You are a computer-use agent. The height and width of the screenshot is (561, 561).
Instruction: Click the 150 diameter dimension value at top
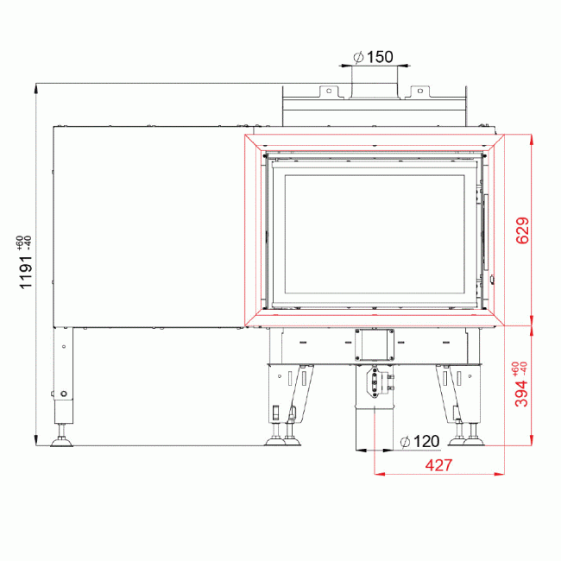(x=380, y=57)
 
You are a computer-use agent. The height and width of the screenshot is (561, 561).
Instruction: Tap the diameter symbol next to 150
(x=358, y=57)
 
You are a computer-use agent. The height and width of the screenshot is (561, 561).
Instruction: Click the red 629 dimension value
(x=520, y=230)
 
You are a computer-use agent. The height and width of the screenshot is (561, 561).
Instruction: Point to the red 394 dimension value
(x=520, y=393)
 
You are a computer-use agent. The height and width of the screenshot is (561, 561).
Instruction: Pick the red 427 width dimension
(x=438, y=464)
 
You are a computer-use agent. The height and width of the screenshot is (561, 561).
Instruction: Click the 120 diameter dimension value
(x=425, y=441)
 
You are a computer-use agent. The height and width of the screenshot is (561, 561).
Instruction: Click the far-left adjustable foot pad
(x=62, y=442)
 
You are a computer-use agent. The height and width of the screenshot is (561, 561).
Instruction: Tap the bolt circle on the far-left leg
(x=63, y=395)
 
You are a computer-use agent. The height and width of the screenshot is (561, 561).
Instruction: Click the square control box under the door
(x=374, y=345)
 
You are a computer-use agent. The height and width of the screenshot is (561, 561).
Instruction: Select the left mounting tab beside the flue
(x=327, y=90)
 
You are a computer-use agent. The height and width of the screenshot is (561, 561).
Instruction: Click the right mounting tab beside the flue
(x=420, y=90)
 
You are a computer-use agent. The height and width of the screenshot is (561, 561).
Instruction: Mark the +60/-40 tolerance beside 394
(x=519, y=369)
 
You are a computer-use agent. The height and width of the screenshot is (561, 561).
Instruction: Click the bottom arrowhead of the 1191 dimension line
(x=36, y=442)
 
